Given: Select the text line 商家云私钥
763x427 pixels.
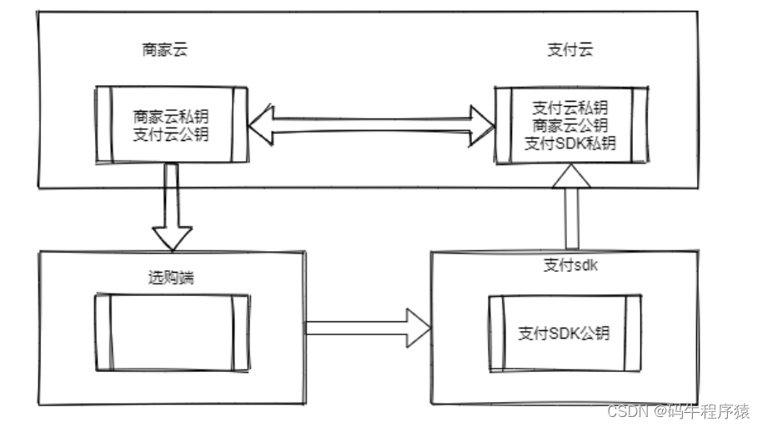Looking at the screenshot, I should click(x=172, y=116).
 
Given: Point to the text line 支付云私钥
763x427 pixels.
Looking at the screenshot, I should click(x=570, y=108).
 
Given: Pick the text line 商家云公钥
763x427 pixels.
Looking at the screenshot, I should click(x=570, y=125).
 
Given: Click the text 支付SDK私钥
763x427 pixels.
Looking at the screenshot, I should click(x=570, y=143).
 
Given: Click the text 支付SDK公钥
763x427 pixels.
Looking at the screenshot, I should click(x=564, y=334).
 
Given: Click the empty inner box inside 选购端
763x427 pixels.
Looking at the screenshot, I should click(x=172, y=332).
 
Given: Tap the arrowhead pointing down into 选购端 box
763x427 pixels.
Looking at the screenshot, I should click(x=173, y=238).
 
